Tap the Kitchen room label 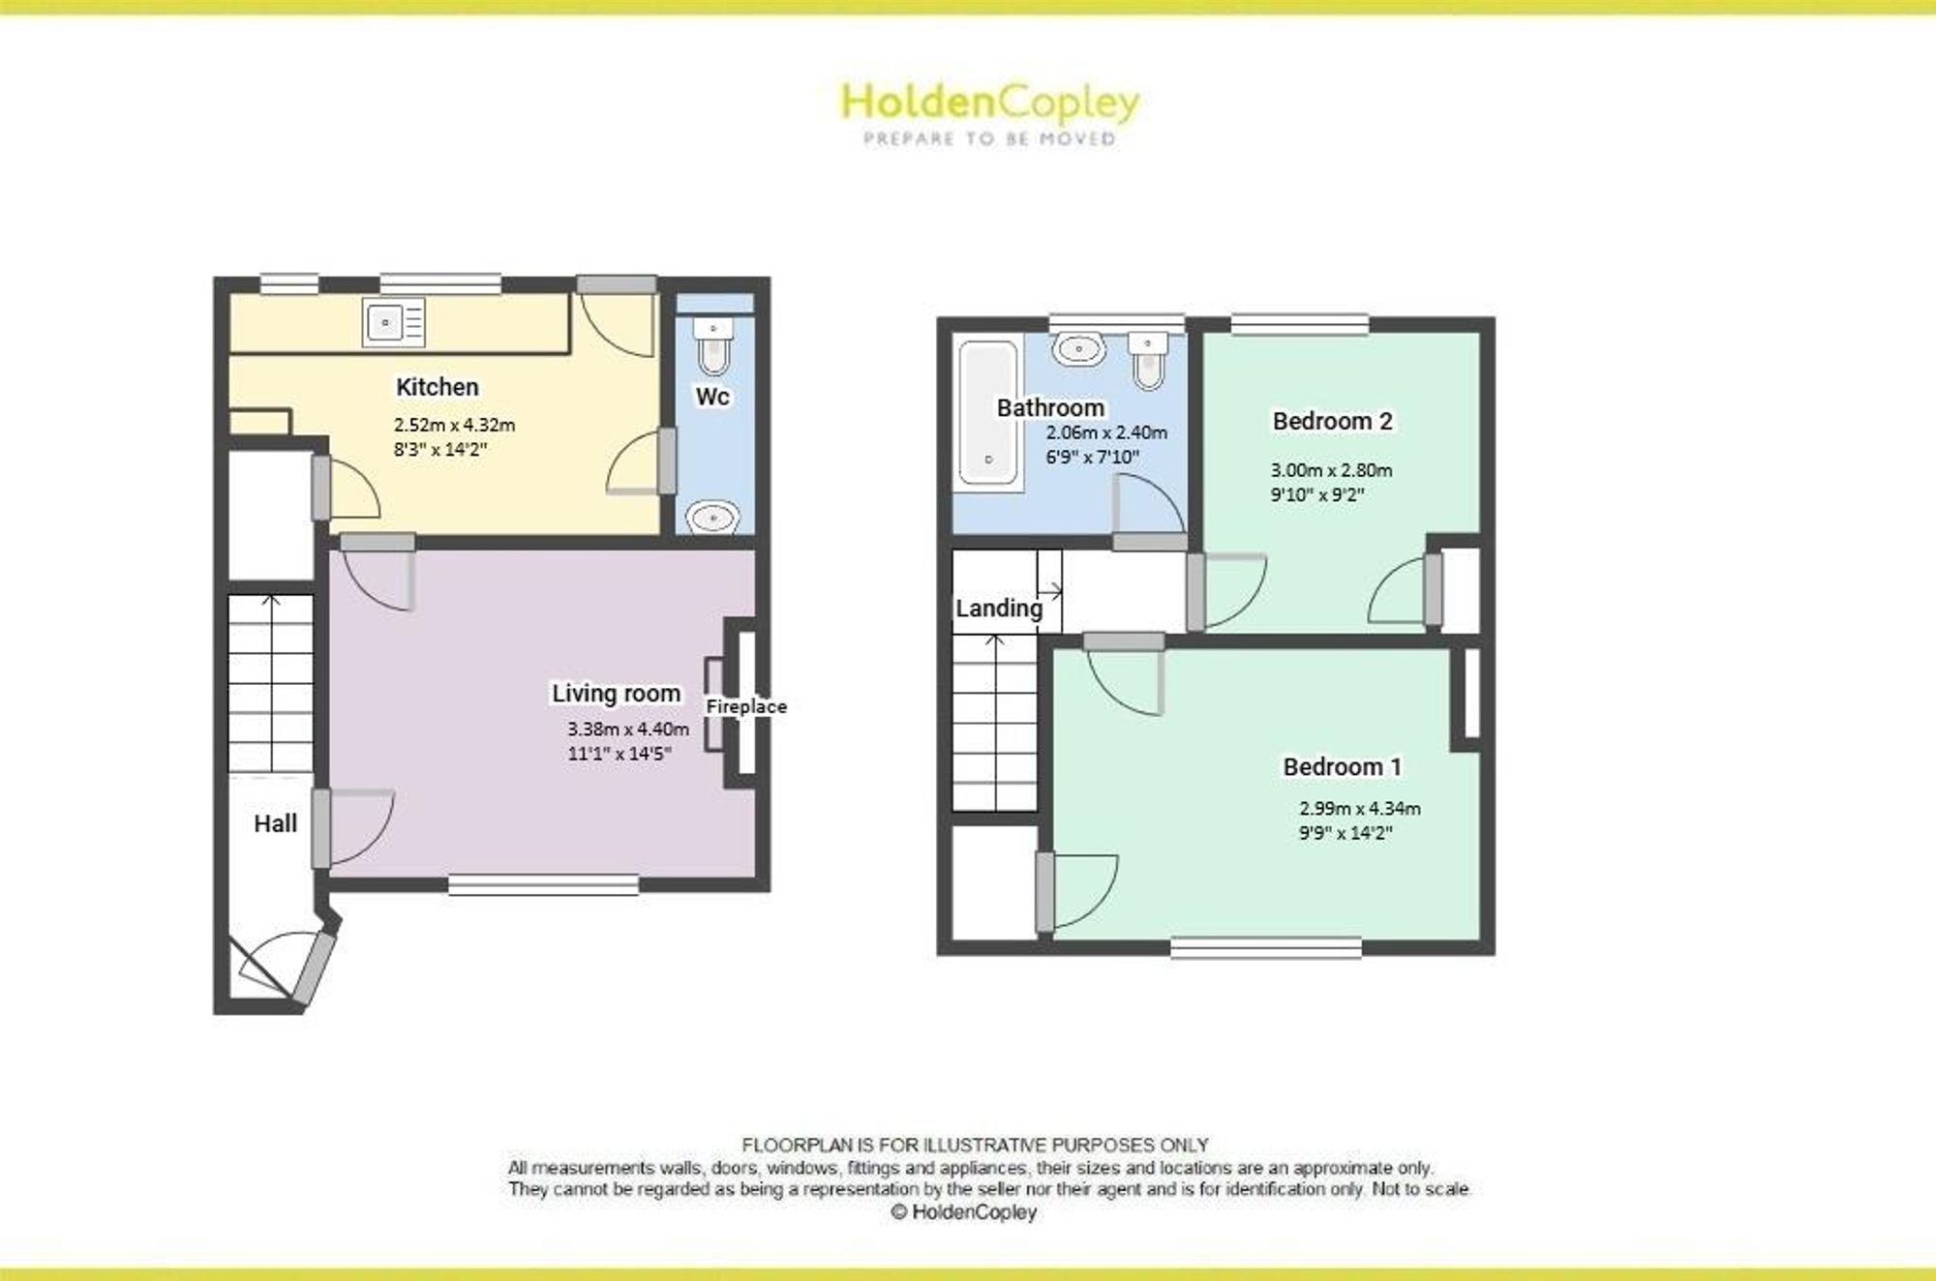tap(438, 387)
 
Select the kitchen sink tap(394, 321)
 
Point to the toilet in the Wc tap(713, 346)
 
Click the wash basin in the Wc tap(713, 518)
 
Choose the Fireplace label tap(746, 707)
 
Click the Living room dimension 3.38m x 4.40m tap(628, 730)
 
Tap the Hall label tap(275, 823)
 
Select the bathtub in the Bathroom tap(988, 412)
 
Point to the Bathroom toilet tap(1149, 360)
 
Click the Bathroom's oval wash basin tap(1079, 349)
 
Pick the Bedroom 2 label tap(1332, 421)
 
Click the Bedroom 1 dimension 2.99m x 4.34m tap(1360, 809)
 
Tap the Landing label tap(999, 609)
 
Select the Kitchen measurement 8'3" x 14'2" tap(440, 449)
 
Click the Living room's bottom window tap(543, 884)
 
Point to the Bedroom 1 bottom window tap(1266, 948)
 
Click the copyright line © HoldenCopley tap(964, 1212)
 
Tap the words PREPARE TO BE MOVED tap(989, 139)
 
